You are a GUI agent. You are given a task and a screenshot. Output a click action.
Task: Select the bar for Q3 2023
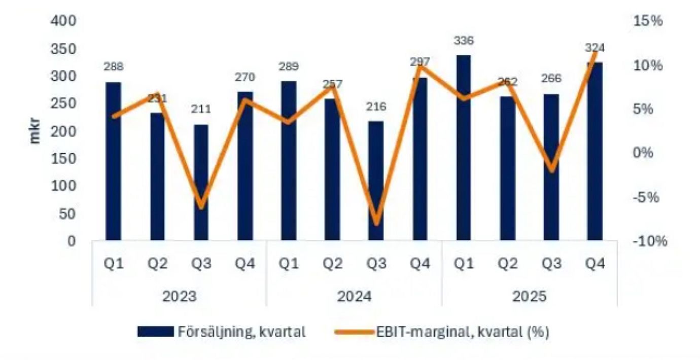(201, 182)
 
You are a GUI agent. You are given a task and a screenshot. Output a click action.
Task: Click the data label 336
(464, 41)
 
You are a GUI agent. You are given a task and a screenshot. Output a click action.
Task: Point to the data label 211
(201, 109)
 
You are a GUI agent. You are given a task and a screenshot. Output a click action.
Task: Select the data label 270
(244, 78)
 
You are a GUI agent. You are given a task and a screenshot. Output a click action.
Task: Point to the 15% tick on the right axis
(648, 21)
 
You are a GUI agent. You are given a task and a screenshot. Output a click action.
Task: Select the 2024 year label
(354, 296)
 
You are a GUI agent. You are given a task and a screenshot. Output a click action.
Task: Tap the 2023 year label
(179, 296)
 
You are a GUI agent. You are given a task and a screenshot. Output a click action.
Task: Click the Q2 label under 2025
(507, 265)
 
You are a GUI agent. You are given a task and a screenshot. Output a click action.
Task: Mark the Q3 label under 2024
(376, 265)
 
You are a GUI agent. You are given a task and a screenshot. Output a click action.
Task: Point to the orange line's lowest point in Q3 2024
(376, 224)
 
